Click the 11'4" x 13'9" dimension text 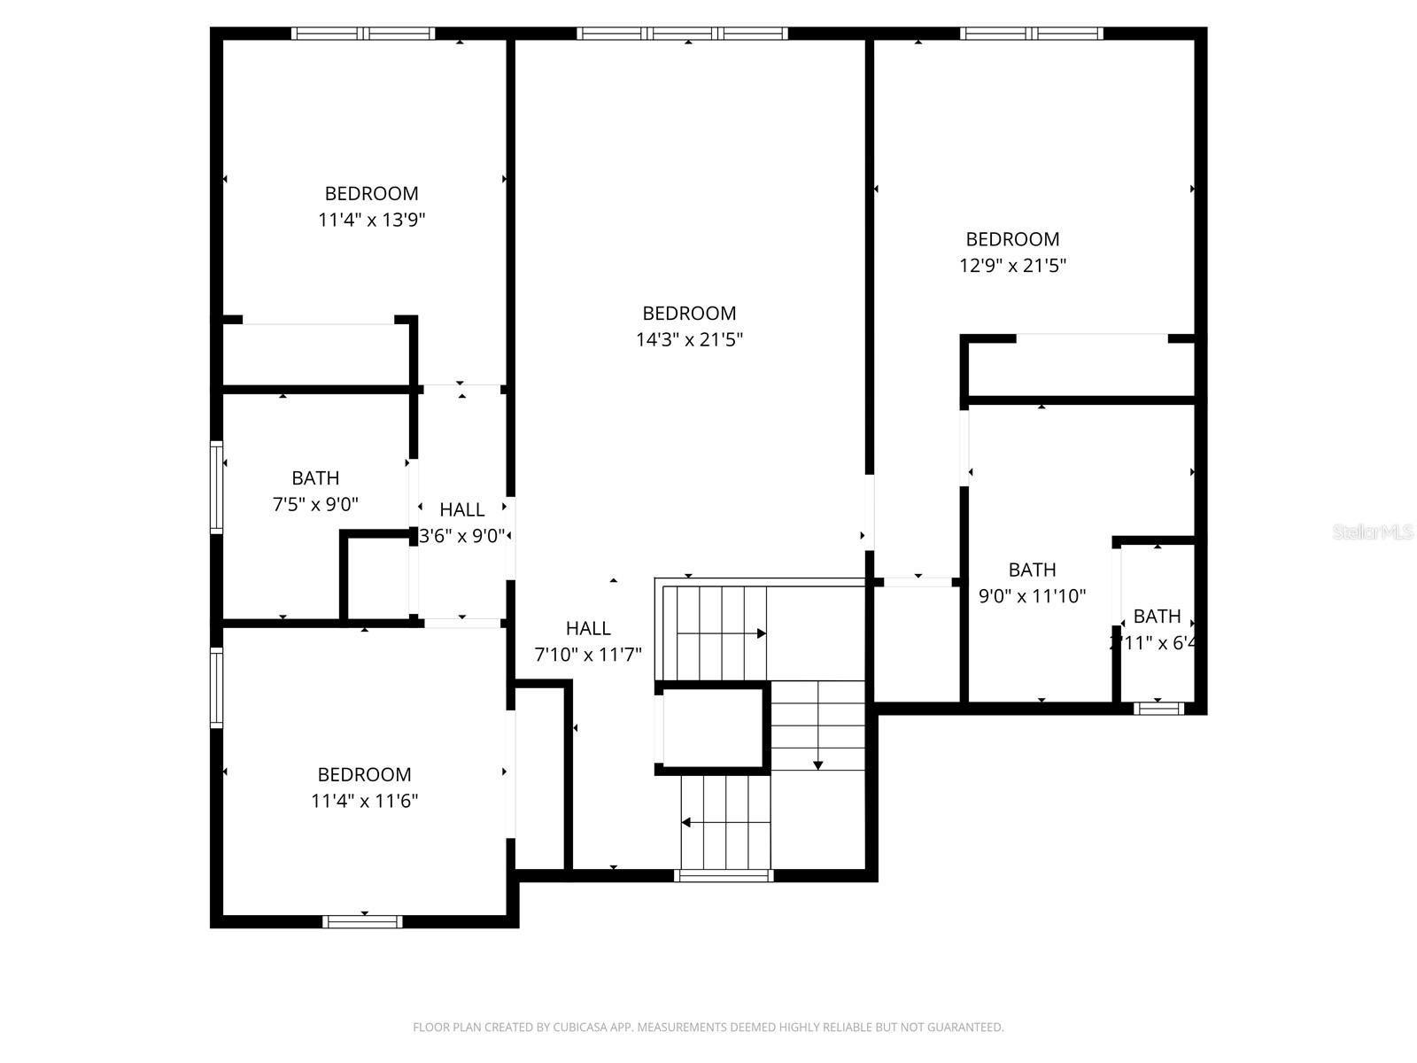tap(372, 220)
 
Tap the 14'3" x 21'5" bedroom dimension tap(689, 339)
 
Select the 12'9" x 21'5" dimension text tap(1012, 265)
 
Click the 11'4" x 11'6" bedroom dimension tap(364, 801)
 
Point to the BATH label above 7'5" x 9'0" tap(315, 478)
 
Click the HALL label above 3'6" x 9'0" tap(461, 509)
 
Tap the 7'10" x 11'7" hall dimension tap(588, 655)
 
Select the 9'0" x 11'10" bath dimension tap(1032, 595)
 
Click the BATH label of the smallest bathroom tap(1157, 616)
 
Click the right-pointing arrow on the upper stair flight tap(761, 633)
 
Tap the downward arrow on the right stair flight tap(818, 764)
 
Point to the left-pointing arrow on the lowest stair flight tap(686, 823)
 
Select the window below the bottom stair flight tap(724, 876)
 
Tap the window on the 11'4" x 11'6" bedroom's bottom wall tap(362, 921)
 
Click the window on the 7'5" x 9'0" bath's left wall tap(216, 487)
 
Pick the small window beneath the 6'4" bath tap(1158, 708)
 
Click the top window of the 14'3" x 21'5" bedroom tap(682, 34)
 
